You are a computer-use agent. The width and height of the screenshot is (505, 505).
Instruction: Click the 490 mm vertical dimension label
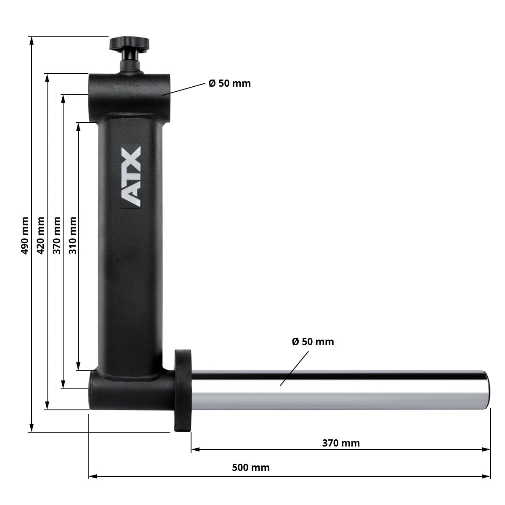click(25, 235)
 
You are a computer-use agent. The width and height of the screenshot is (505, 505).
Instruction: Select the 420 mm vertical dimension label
click(41, 235)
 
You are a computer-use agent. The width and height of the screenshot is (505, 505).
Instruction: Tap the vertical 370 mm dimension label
click(57, 235)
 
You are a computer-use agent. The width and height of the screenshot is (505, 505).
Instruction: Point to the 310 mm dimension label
click(73, 235)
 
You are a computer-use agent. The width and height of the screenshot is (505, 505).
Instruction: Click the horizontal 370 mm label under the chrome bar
click(341, 443)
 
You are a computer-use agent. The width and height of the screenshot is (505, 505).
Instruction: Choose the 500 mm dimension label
click(251, 468)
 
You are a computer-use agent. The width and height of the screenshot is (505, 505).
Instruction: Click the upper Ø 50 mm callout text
click(229, 83)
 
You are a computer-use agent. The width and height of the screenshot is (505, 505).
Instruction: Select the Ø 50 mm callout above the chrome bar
click(313, 342)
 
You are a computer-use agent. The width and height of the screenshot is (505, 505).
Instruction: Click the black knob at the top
click(130, 43)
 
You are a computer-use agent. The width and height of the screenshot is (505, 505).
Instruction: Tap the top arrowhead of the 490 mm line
click(31, 40)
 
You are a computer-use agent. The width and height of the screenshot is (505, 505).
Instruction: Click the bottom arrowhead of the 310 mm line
click(78, 367)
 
